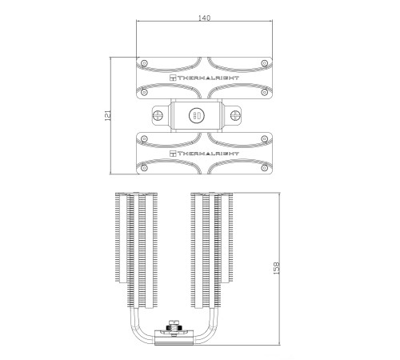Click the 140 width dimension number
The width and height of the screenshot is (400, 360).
click(x=204, y=18)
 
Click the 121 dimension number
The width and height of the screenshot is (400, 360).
click(x=108, y=115)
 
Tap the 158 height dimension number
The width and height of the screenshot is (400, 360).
click(x=277, y=268)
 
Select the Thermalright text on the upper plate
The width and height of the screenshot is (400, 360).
click(x=208, y=78)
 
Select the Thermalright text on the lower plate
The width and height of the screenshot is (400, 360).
click(x=208, y=154)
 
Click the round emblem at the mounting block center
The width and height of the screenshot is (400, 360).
click(x=197, y=115)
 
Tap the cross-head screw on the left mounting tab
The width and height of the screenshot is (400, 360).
click(x=158, y=115)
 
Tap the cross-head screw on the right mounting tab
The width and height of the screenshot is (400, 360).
click(x=235, y=115)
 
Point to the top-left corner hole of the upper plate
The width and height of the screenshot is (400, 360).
click(x=144, y=63)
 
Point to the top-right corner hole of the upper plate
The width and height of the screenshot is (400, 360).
click(x=264, y=63)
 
